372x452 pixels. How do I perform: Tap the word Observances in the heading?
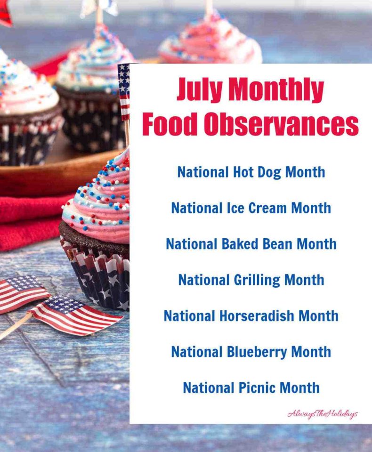click(x=281, y=125)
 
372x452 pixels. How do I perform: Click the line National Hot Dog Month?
click(x=251, y=172)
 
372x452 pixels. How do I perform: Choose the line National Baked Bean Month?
click(x=251, y=244)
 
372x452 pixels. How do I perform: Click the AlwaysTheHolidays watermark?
click(x=323, y=414)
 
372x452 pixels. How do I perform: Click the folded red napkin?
click(x=28, y=221)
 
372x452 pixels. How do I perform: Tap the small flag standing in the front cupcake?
click(x=124, y=92)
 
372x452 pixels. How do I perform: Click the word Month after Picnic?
click(x=299, y=388)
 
